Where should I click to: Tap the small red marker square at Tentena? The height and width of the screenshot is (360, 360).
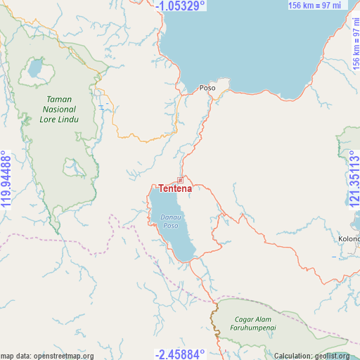pyautogui.click(x=180, y=180)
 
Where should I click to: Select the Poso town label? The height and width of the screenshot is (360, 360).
pyautogui.click(x=207, y=88)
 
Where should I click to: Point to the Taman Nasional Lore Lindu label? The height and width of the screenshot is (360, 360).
pyautogui.click(x=59, y=109)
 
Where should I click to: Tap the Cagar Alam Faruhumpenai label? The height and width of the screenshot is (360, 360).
pyautogui.click(x=254, y=323)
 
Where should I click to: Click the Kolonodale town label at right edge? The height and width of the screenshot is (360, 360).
pyautogui.click(x=349, y=238)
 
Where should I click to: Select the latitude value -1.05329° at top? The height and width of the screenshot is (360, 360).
pyautogui.click(x=181, y=6)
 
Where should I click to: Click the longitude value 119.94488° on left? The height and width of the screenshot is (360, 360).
pyautogui.click(x=6, y=179)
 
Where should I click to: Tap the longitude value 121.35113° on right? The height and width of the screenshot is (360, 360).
pyautogui.click(x=354, y=179)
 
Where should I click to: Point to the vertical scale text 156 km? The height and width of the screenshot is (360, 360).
pyautogui.click(x=354, y=42)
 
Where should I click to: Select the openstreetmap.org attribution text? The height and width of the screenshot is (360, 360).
pyautogui.click(x=47, y=356)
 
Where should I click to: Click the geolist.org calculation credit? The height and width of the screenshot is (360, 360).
pyautogui.click(x=311, y=356)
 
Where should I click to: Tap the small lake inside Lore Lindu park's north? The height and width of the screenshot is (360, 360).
pyautogui.click(x=34, y=69)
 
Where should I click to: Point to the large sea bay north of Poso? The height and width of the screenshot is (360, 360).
pyautogui.click(x=260, y=42)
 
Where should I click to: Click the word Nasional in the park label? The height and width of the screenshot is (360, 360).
pyautogui.click(x=59, y=110)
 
